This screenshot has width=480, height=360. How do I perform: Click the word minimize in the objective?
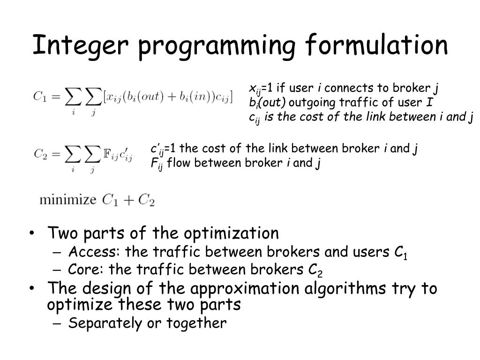[67, 200]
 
